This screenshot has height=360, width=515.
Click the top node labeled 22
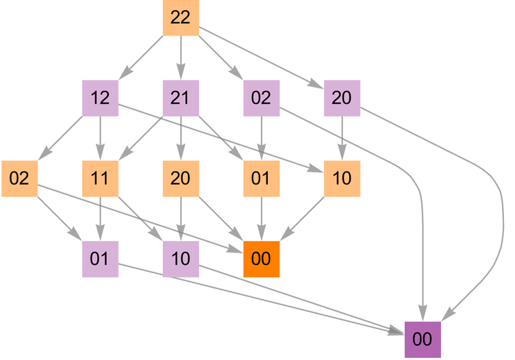180,18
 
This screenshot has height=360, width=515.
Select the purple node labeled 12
100,98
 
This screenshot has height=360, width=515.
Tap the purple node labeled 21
180,98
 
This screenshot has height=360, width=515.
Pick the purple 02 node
261,98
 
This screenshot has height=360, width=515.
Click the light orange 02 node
19,179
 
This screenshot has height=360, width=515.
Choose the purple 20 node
342,98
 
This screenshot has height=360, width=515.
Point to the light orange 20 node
180,179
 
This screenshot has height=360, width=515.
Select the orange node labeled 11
100,179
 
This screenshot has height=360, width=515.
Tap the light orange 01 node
261,179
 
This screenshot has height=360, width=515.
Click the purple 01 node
100,259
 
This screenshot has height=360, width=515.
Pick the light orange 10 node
342,179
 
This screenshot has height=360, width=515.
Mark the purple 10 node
180,259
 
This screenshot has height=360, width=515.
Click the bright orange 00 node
261,259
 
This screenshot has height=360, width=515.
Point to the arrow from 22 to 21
180,57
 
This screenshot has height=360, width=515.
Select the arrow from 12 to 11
100,138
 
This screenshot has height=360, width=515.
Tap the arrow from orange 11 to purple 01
100,219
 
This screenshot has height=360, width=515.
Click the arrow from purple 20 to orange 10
342,138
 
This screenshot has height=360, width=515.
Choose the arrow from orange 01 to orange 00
261,219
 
